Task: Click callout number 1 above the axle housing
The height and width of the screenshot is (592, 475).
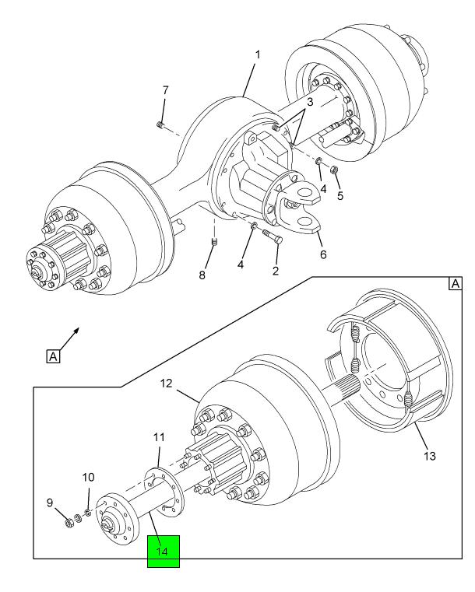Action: point(258,55)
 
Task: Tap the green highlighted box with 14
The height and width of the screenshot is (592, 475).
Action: point(164,552)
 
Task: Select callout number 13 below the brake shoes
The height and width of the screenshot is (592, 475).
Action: point(430,456)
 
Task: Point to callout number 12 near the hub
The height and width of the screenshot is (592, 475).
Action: point(166,384)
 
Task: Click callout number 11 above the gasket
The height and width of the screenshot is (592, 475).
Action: point(159,437)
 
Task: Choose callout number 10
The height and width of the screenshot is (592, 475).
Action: point(88,477)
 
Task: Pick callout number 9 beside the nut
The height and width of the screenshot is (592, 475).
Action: point(50,503)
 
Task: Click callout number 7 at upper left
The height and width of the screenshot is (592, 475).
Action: point(165,90)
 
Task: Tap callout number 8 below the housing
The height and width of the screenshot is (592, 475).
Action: point(202,275)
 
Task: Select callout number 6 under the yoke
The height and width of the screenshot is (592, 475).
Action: point(323,254)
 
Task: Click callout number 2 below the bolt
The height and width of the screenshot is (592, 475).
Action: point(276,270)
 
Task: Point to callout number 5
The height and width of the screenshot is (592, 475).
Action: point(340,195)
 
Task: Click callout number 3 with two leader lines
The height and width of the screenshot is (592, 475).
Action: point(310,102)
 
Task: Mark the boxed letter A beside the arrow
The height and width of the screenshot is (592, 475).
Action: point(53,356)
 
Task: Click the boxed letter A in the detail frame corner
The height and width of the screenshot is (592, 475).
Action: point(456,283)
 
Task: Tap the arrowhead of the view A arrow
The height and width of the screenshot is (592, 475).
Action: point(77,329)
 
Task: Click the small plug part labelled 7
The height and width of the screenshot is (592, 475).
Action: point(160,125)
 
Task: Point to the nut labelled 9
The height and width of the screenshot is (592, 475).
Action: point(69,524)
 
